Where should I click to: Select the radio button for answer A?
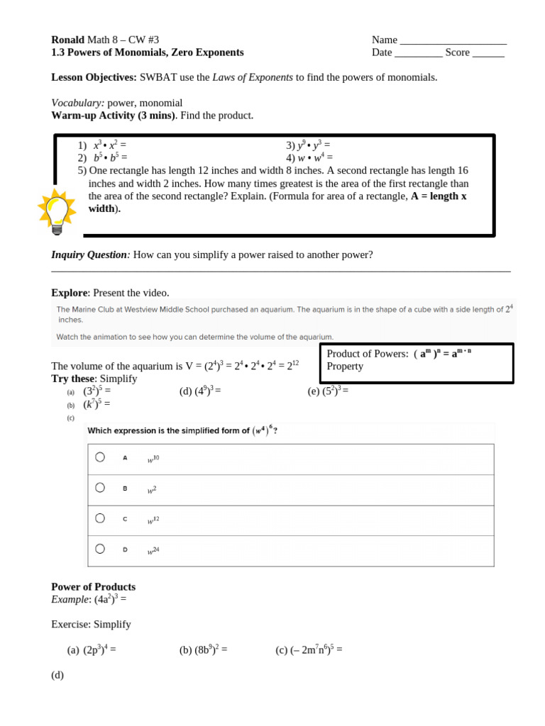pyautogui.click(x=100, y=457)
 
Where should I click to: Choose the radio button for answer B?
pyautogui.click(x=100, y=488)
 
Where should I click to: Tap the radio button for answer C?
pyautogui.click(x=100, y=518)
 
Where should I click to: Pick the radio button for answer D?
pyautogui.click(x=100, y=549)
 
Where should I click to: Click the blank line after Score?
pyautogui.click(x=488, y=53)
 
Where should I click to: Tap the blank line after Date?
pyautogui.click(x=418, y=53)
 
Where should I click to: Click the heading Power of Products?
pyautogui.click(x=93, y=587)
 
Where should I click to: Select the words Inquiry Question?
pyautogui.click(x=89, y=255)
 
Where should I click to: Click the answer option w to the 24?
pyautogui.click(x=153, y=550)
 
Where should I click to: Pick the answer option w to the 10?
pyautogui.click(x=153, y=459)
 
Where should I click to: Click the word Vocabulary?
pyautogui.click(x=77, y=103)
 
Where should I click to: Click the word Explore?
pyautogui.click(x=69, y=293)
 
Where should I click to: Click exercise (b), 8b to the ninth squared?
pyautogui.click(x=203, y=649)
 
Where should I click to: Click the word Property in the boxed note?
pyautogui.click(x=345, y=366)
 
